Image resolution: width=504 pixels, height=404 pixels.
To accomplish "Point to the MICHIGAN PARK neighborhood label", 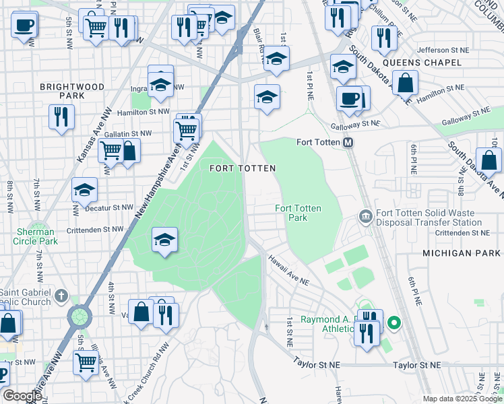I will tap(462, 252).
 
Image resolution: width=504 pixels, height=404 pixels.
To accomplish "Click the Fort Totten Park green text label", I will tap(298, 213).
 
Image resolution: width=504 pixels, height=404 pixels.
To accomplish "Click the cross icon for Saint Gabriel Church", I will tap(61, 296).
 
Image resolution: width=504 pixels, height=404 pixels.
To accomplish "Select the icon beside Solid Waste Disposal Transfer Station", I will tap(365, 216).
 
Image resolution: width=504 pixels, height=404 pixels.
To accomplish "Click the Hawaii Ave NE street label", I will tap(288, 269).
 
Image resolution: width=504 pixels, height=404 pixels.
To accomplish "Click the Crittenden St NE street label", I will tap(462, 232).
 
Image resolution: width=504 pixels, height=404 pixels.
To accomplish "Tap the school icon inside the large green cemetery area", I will tap(164, 240).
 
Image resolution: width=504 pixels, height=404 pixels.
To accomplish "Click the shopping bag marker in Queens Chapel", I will tap(406, 83).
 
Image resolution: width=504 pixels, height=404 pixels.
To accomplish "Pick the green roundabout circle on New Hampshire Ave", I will tap(80, 315).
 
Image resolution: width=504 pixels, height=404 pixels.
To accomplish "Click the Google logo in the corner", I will tap(22, 396).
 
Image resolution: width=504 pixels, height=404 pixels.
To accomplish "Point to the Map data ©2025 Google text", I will tap(462, 399).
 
